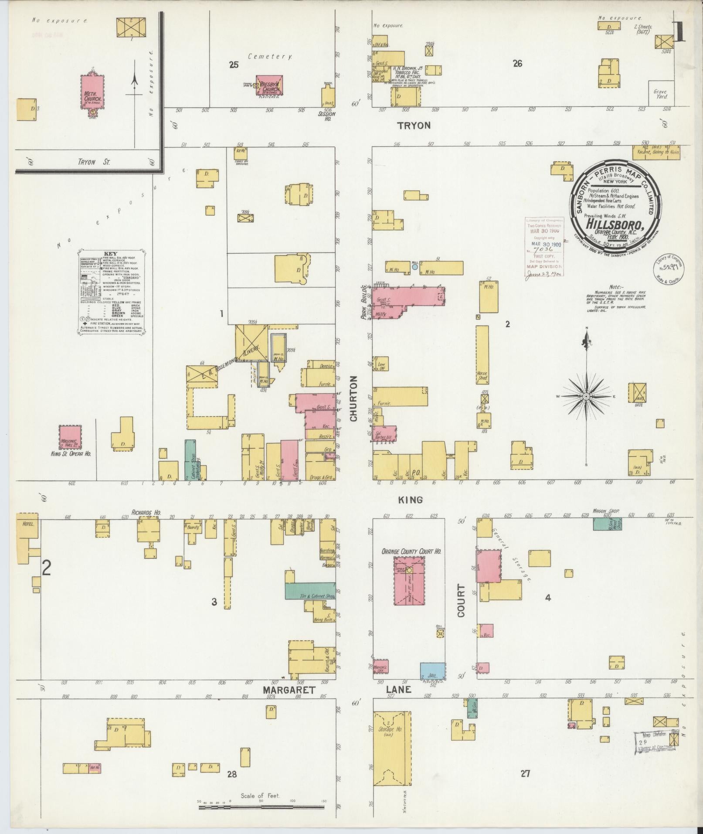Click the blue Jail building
pyautogui.click(x=432, y=681)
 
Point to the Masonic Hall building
pyautogui.click(x=70, y=437)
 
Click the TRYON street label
pyautogui.click(x=414, y=126)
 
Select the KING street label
pyautogui.click(x=411, y=500)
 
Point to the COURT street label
pyautogui.click(x=461, y=600)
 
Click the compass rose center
pyautogui.click(x=586, y=396)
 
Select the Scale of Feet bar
pyautogui.click(x=261, y=807)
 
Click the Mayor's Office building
pyautogui.click(x=380, y=678)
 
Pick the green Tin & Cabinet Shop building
pyautogui.click(x=310, y=591)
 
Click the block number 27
pyautogui.click(x=525, y=773)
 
